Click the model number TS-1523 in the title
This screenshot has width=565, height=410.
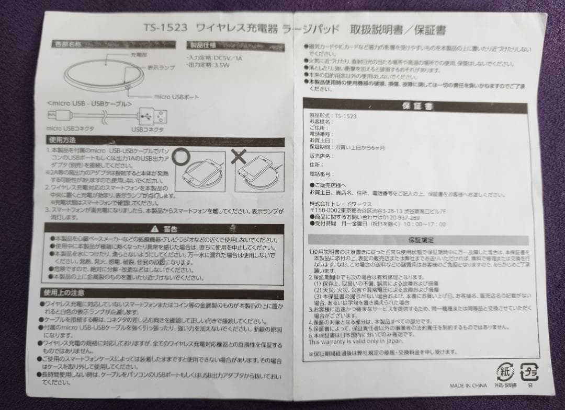[x=166, y=28]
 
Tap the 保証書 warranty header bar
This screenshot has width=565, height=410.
[x=417, y=106]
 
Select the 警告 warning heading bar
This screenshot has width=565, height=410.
[x=163, y=229]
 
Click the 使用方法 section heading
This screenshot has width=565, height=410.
[x=63, y=140]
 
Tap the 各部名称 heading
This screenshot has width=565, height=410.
[x=68, y=44]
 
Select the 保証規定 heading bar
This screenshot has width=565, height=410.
[x=420, y=240]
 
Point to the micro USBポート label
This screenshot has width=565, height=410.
[x=176, y=97]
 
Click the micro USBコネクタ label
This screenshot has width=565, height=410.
[x=70, y=128]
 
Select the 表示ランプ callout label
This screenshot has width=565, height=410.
[x=162, y=68]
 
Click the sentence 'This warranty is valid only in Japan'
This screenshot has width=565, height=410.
[x=355, y=342]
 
